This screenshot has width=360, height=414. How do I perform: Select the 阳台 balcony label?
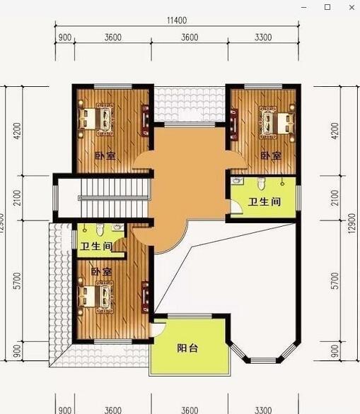(187, 347)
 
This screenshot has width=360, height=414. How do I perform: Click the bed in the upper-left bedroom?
(96, 117)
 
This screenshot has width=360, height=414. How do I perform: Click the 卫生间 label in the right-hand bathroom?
(264, 202)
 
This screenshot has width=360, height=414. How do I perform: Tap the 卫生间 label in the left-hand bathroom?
(95, 247)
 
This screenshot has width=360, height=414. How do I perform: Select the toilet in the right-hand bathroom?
(262, 184)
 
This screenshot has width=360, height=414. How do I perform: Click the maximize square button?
(327, 6)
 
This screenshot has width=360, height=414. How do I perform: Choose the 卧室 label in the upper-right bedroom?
(270, 155)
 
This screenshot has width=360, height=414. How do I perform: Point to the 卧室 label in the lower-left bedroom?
(101, 271)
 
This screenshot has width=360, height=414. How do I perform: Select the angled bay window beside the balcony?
(266, 350)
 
